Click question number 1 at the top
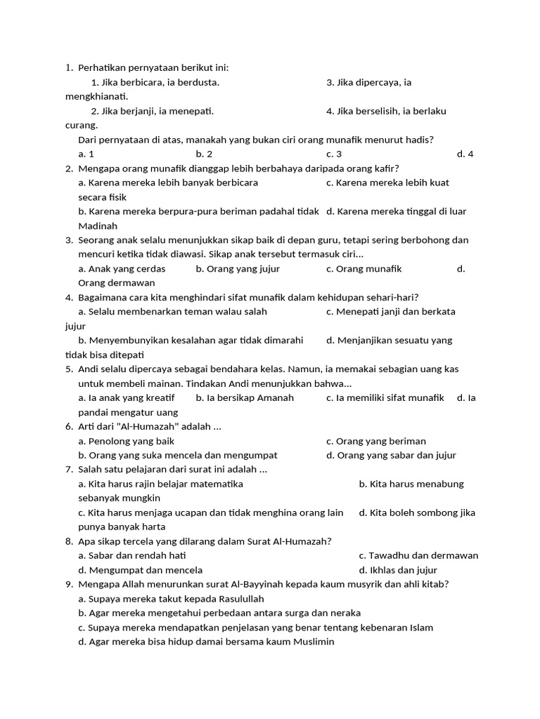tap(68, 68)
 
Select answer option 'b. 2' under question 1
tap(204, 154)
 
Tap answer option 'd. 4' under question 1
tap(465, 154)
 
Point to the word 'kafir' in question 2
tap(385, 169)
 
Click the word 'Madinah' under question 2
tap(98, 226)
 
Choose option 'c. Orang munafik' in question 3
tap(364, 269)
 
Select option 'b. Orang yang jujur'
tap(238, 269)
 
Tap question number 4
tap(68, 298)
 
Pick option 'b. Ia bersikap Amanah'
tap(245, 398)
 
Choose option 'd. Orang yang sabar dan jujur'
tap(391, 455)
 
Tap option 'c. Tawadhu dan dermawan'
tap(418, 555)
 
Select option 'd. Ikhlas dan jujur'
tap(398, 570)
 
